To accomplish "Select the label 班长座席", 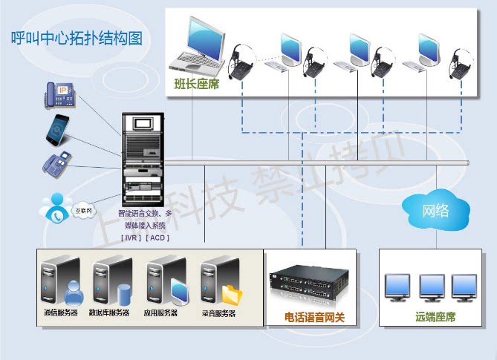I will click(x=196, y=84).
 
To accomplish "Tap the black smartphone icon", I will click(x=59, y=128).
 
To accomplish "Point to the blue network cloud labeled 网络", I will click(x=435, y=210).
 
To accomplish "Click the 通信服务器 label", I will click(x=61, y=313).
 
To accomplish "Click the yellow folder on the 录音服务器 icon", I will click(x=232, y=294).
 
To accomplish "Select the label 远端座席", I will click(x=435, y=318).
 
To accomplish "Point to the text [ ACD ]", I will click(x=158, y=238).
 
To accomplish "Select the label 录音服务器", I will click(x=218, y=313).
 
